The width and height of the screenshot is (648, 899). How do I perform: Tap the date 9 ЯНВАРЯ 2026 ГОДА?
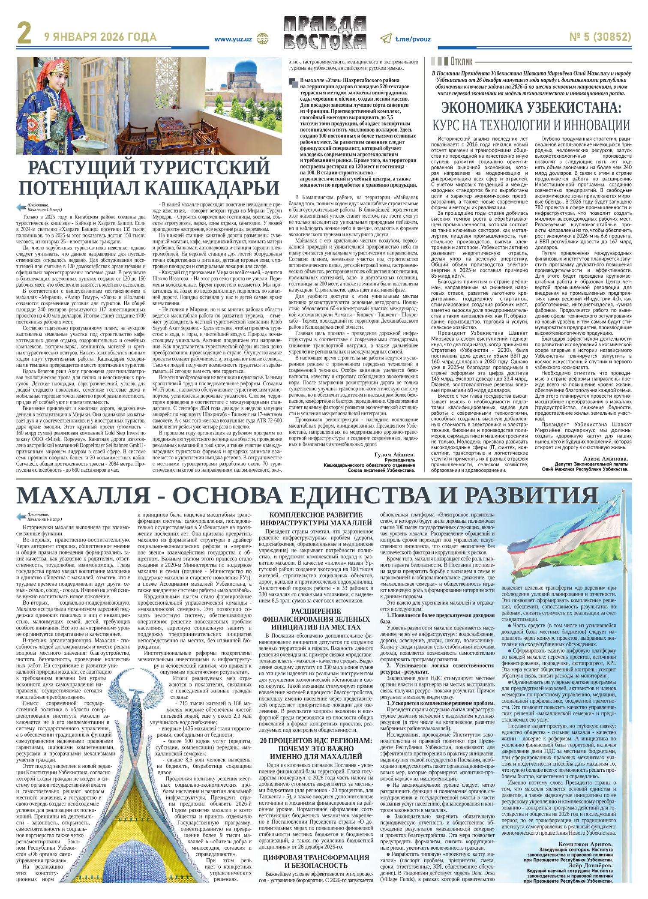(x=100, y=38)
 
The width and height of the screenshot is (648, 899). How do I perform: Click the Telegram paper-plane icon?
(x=385, y=39)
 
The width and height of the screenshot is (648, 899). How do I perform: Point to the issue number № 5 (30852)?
(x=596, y=38)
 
